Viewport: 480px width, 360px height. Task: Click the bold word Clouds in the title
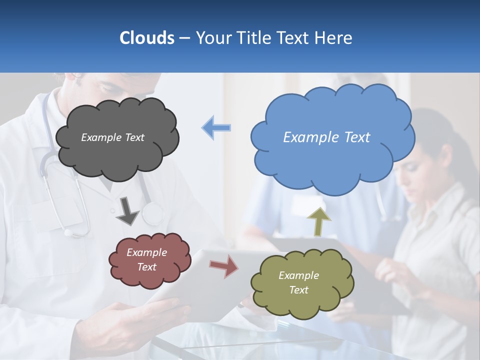pyautogui.click(x=147, y=38)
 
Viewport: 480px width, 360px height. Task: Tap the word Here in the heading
pyautogui.click(x=335, y=38)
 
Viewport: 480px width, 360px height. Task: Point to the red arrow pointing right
pyautogui.click(x=223, y=265)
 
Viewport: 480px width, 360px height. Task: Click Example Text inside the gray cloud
pyautogui.click(x=112, y=137)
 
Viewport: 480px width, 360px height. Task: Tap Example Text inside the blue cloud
pyautogui.click(x=326, y=137)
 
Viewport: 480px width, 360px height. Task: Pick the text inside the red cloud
pyautogui.click(x=147, y=259)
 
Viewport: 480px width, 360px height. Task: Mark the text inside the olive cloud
pyautogui.click(x=298, y=282)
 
